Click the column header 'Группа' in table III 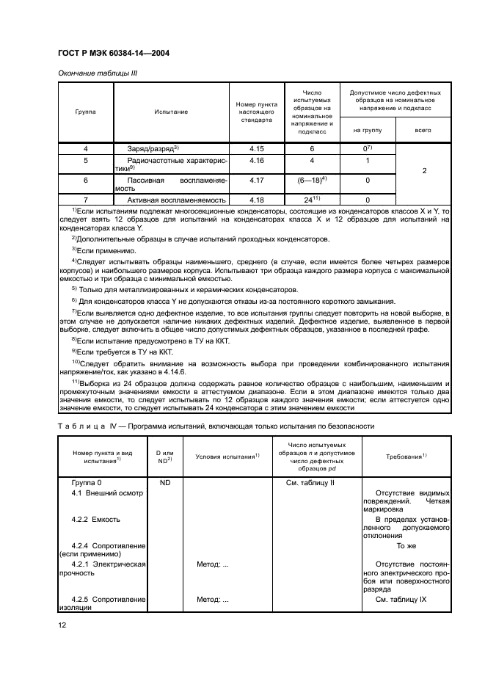[85, 112]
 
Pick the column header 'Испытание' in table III [171, 112]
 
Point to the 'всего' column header [423, 130]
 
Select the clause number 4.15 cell [256, 149]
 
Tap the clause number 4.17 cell [256, 180]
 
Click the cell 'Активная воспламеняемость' [176, 200]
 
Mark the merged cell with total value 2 [424, 170]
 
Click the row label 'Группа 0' [87, 483]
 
